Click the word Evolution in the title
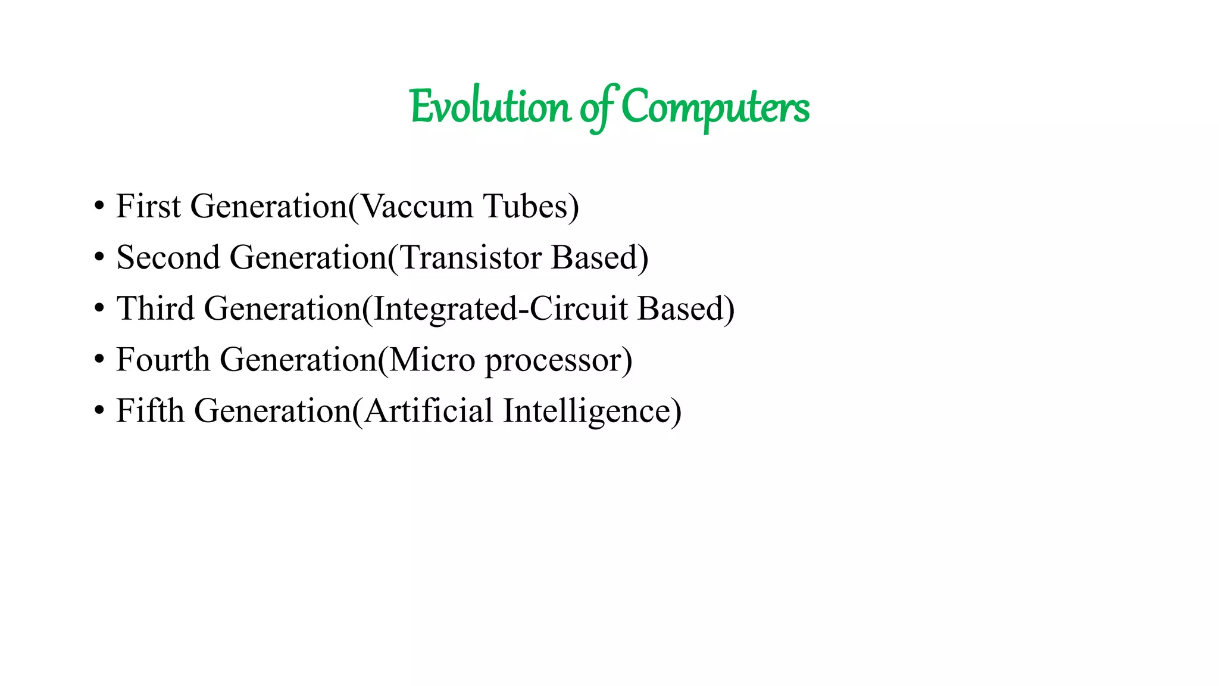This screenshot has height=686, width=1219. tap(489, 108)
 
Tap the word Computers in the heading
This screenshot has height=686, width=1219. tap(715, 108)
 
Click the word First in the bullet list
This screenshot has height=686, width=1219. tap(148, 207)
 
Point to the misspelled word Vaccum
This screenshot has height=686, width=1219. tap(417, 207)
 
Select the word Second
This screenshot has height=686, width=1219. tap(168, 258)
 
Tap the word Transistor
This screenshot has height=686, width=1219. tap(470, 258)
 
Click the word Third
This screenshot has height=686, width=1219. tap(155, 309)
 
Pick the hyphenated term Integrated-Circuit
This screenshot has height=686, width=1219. tap(501, 309)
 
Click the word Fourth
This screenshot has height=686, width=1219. tap(162, 360)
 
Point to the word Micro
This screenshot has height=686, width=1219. tap(432, 360)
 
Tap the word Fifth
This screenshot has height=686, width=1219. tap(150, 411)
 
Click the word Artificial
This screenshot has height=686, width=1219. tap(429, 411)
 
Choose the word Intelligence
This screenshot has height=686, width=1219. tap(586, 411)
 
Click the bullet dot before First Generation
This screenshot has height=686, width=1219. tap(99, 207)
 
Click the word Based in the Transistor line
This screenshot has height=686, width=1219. tap(595, 258)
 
